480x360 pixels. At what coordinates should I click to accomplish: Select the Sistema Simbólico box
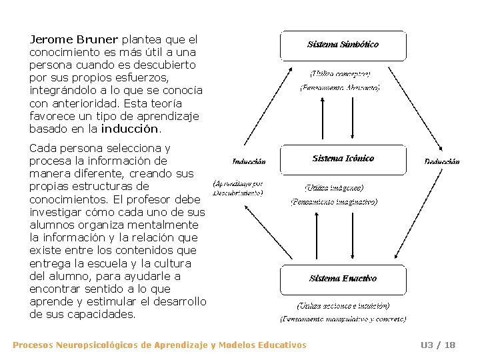pyautogui.click(x=343, y=45)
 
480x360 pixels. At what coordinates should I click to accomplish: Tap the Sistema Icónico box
pyautogui.click(x=343, y=159)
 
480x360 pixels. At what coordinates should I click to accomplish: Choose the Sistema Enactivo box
pyautogui.click(x=343, y=279)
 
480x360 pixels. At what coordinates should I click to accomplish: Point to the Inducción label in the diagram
pyautogui.click(x=249, y=162)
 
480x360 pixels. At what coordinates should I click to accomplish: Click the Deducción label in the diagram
pyautogui.click(x=442, y=162)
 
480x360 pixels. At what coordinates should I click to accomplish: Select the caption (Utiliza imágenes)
pyautogui.click(x=334, y=189)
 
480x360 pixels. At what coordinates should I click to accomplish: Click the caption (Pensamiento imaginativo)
pyautogui.click(x=334, y=201)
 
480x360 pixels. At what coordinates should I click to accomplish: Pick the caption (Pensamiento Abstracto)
pyautogui.click(x=339, y=87)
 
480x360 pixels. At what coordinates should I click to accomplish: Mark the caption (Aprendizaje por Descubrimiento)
pyautogui.click(x=238, y=187)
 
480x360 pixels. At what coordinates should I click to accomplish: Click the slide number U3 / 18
pyautogui.click(x=438, y=345)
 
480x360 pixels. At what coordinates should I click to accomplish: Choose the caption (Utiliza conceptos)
pyautogui.click(x=339, y=73)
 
